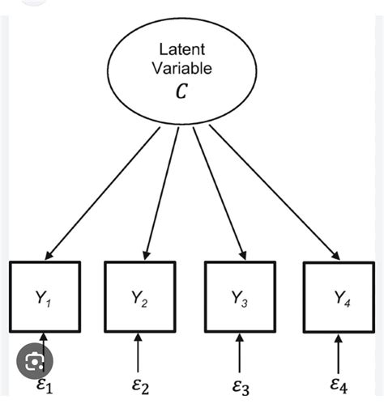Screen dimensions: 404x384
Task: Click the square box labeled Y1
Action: click(x=45, y=296)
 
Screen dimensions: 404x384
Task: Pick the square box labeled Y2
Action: click(x=141, y=296)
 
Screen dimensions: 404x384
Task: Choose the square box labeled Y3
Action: click(x=239, y=296)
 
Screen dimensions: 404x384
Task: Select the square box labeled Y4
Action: click(x=338, y=296)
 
